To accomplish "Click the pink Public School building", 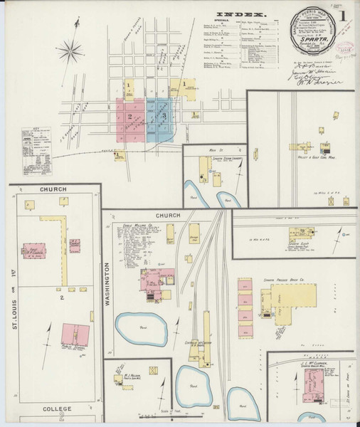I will click(x=75, y=333).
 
